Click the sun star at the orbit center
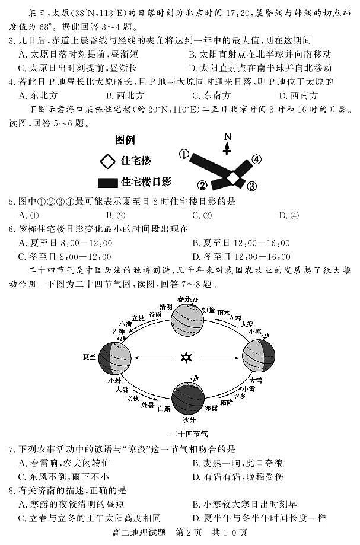tap(186, 358)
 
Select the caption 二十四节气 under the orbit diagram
tap(187, 434)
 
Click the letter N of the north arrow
tap(227, 136)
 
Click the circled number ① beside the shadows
tap(184, 154)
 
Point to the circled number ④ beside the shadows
tap(256, 159)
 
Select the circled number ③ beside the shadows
tap(251, 186)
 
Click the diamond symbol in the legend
tap(107, 161)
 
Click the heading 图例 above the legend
tap(125, 141)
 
